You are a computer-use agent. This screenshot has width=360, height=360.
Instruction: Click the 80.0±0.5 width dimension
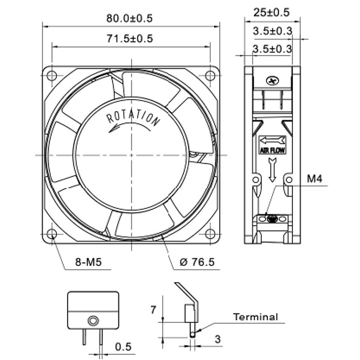(x=129, y=18)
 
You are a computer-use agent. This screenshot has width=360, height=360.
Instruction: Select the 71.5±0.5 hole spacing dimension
(x=130, y=39)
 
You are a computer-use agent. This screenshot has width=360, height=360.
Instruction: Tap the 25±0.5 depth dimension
(x=271, y=13)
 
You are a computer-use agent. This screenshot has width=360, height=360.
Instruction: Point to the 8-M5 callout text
(x=88, y=262)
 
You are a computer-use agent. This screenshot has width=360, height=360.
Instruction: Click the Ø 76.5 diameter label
(x=197, y=262)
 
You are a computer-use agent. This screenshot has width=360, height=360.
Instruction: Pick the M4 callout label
(x=315, y=178)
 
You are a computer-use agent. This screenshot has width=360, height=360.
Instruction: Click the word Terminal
(x=256, y=317)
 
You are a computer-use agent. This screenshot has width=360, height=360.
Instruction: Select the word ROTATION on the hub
(x=133, y=118)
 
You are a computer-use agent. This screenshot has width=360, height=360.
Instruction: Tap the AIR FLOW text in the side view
(x=272, y=150)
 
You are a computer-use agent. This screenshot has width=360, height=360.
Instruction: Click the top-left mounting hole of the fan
(x=52, y=76)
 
